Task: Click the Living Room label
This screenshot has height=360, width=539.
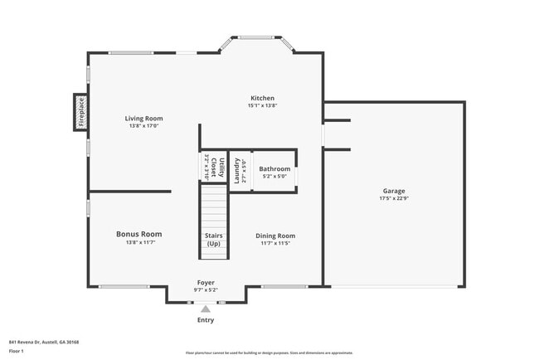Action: tap(143, 118)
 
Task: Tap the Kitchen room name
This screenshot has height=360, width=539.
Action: tap(263, 98)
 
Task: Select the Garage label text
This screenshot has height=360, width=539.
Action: tap(394, 191)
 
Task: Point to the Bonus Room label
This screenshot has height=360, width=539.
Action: tap(138, 234)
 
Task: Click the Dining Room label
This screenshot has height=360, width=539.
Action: tap(275, 236)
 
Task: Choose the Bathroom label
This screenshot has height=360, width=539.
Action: tap(274, 168)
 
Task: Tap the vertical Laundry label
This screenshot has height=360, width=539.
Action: tap(236, 170)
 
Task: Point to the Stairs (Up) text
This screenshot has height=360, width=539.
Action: tap(214, 240)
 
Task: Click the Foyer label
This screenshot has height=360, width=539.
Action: tap(206, 283)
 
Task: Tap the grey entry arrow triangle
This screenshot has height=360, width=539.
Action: tap(206, 309)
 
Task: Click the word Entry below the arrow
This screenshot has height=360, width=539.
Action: tap(206, 319)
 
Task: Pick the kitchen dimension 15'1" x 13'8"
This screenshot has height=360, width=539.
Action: tap(263, 106)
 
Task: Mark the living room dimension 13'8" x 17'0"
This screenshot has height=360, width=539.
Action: tap(143, 126)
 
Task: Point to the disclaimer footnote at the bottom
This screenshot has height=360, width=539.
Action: tap(269, 353)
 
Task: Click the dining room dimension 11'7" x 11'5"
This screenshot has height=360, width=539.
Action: tap(275, 244)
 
